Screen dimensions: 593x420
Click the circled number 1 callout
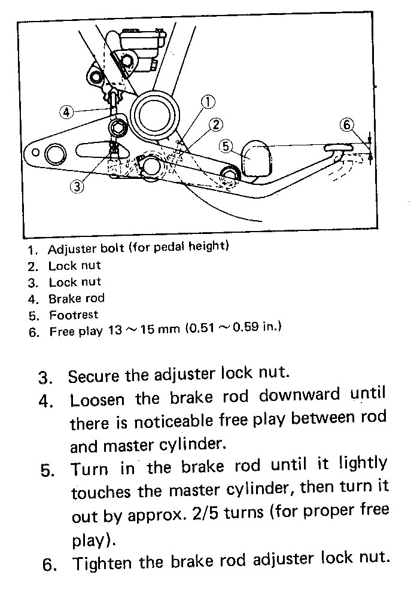tap(207, 102)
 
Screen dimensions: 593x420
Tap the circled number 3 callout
tap(77, 186)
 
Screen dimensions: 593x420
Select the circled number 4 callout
tap(67, 112)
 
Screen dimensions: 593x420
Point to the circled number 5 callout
tap(225, 145)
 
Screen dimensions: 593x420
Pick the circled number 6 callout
tap(346, 125)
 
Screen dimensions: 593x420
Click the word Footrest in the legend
tap(74, 314)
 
